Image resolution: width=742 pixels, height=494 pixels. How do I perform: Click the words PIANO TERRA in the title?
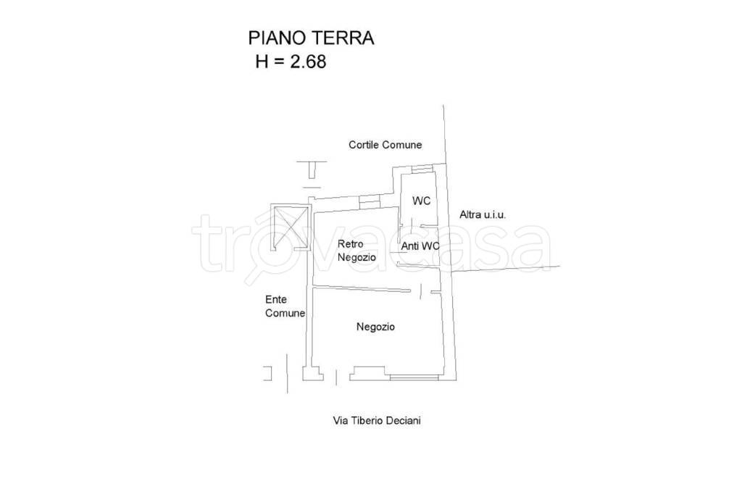click(x=311, y=38)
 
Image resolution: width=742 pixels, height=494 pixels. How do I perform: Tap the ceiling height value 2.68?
click(x=308, y=62)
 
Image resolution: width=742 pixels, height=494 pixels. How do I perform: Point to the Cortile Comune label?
click(x=385, y=145)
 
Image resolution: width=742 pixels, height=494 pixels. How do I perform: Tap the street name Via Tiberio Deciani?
click(x=376, y=420)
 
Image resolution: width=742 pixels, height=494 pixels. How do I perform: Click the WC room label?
click(x=422, y=201)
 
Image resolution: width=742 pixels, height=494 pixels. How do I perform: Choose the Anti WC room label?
click(x=420, y=246)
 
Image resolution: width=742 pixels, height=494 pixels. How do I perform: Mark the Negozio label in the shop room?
click(x=375, y=327)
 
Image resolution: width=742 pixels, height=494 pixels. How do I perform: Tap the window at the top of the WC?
click(x=422, y=169)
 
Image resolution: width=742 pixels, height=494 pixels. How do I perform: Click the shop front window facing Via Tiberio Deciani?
click(x=413, y=377)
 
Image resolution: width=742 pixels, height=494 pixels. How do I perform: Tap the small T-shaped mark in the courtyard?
click(x=312, y=169)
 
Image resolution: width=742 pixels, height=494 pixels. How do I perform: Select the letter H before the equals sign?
click(x=262, y=62)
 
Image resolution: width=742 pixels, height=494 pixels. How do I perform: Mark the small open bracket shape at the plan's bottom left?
click(x=267, y=373)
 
